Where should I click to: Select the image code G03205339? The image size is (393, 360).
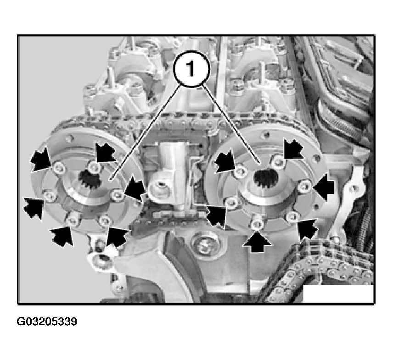coord(47,321)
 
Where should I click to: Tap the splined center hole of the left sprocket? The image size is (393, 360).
coord(90,179)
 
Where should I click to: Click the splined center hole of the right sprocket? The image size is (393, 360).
coord(266,178)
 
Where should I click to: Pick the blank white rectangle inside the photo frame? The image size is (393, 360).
coord(338,294)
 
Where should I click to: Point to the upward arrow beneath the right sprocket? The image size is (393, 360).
coord(257,241)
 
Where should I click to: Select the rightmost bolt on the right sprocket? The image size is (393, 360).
coord(304,187)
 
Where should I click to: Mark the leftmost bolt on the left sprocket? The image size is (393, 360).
coord(49,196)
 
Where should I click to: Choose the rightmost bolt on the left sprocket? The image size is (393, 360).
coord(117,195)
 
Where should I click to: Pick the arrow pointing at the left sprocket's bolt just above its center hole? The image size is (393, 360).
coord(105,153)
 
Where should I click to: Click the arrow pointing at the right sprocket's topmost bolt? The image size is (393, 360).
coord(293,149)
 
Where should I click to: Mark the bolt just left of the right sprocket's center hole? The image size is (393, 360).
coord(241,171)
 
